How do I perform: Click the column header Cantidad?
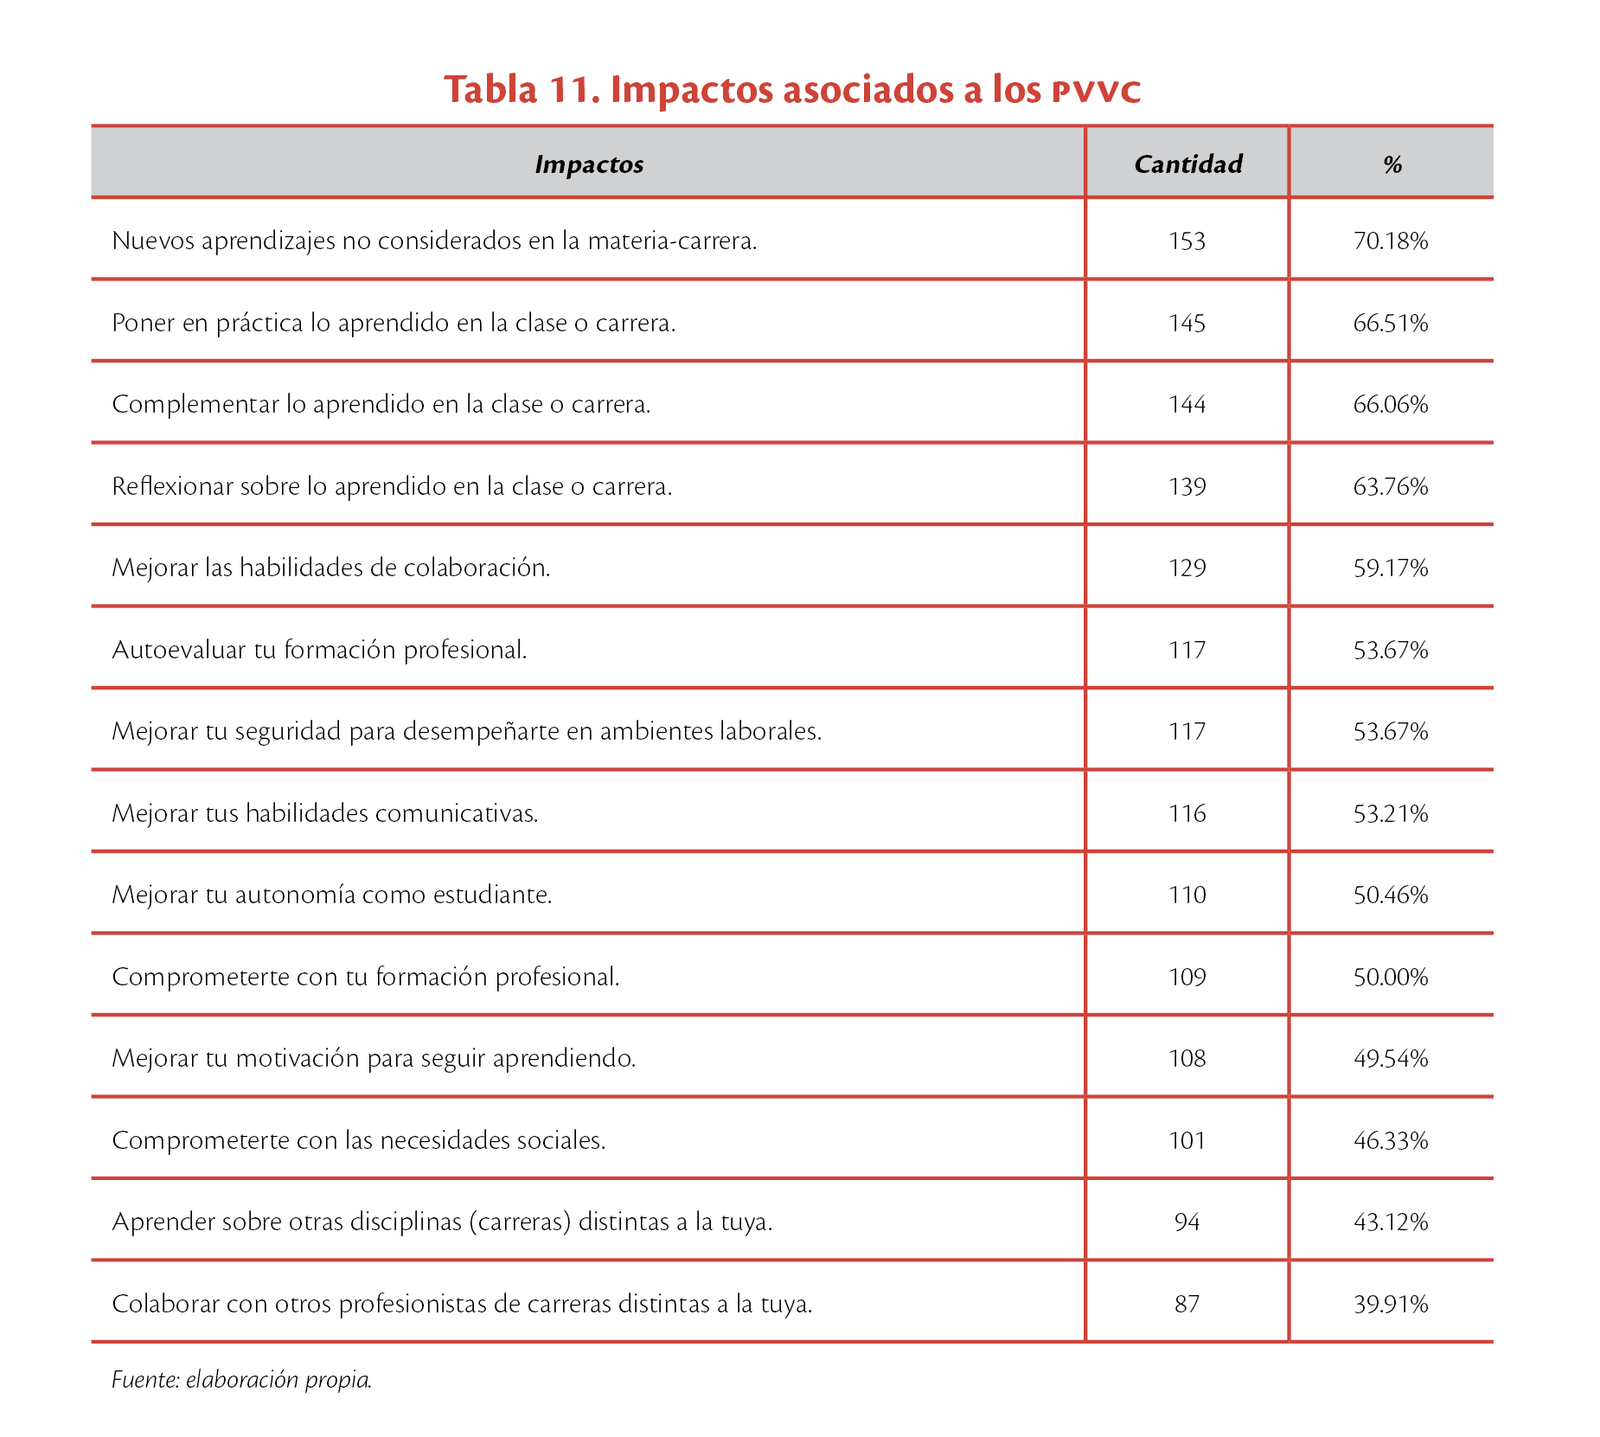1187,164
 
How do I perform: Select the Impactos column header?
589,164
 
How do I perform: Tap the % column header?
1392,164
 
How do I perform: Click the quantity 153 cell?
1187,241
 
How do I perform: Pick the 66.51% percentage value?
1390,323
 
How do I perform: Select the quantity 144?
1187,404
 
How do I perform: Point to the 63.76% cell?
1390,486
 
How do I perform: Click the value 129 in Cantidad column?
1187,568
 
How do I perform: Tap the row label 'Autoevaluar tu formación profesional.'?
319,650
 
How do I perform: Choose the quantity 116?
1187,813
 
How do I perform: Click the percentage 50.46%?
1390,895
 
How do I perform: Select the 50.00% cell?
1390,977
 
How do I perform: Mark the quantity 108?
1187,1058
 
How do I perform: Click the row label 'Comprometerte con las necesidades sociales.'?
358,1140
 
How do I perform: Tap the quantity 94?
1187,1222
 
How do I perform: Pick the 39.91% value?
1390,1304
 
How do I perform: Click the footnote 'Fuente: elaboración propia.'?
241,1379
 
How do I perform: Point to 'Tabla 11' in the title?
522,89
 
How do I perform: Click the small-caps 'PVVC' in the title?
1096,91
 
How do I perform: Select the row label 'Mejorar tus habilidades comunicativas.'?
324,813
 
